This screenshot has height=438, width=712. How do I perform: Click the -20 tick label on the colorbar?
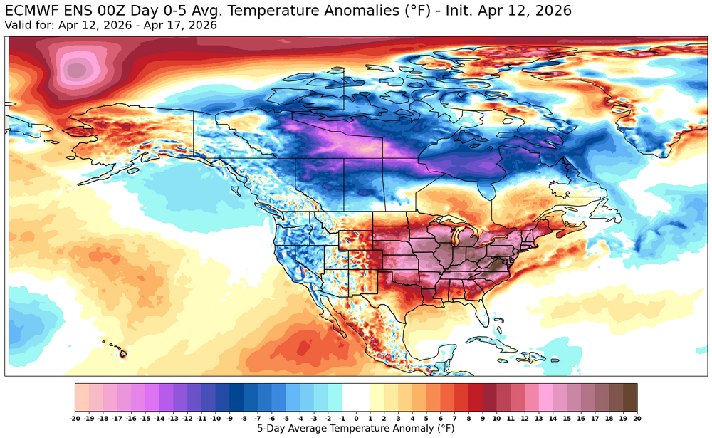(75, 417)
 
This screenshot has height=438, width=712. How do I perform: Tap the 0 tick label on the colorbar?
(356, 417)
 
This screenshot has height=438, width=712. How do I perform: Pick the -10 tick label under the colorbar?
(215, 417)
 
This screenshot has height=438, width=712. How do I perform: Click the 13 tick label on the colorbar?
(539, 417)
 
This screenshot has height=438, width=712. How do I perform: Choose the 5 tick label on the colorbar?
(426, 417)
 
